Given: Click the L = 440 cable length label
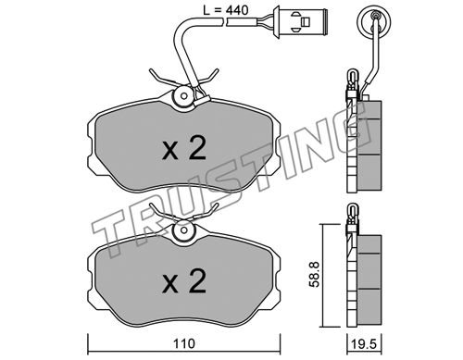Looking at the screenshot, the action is coord(225,10).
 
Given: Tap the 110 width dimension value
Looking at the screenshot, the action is coord(184,343).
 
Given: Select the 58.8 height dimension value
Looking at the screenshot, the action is coord(315,275).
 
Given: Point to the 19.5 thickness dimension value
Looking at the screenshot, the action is coord(365,343).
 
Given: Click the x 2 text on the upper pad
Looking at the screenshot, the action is coord(184,149).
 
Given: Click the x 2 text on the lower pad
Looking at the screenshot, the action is coord(184,281).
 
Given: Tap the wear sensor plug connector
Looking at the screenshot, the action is coord(300,21).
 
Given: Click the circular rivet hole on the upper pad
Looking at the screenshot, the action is coord(184,96).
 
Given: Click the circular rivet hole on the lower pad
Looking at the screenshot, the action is coord(184,230).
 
